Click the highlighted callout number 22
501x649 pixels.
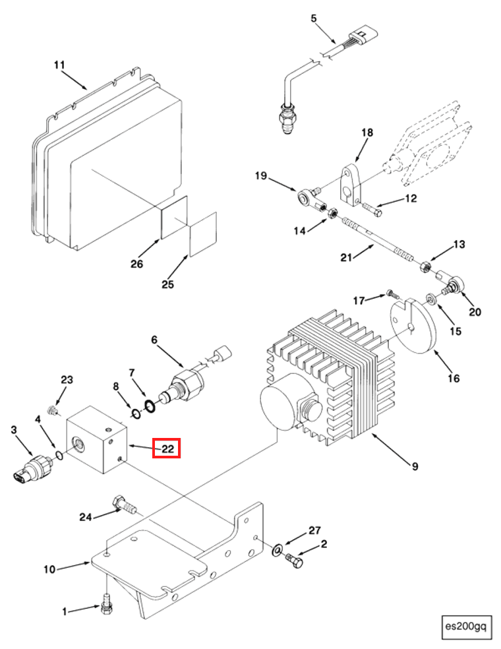(x=167, y=449)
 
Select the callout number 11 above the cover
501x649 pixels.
(x=59, y=65)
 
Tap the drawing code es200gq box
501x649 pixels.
(x=466, y=625)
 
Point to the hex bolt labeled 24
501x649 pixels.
(x=125, y=505)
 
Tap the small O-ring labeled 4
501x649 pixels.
(x=59, y=454)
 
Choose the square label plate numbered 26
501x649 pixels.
(x=175, y=218)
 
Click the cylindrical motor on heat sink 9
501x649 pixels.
(x=283, y=408)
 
